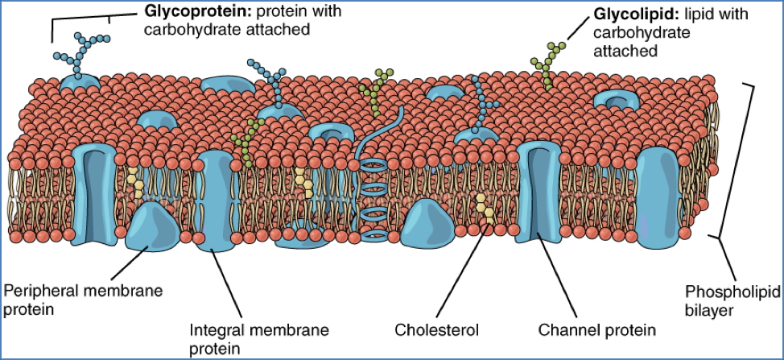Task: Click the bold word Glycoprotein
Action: click(182, 13)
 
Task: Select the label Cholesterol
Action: click(436, 329)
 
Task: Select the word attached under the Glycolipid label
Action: click(626, 50)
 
